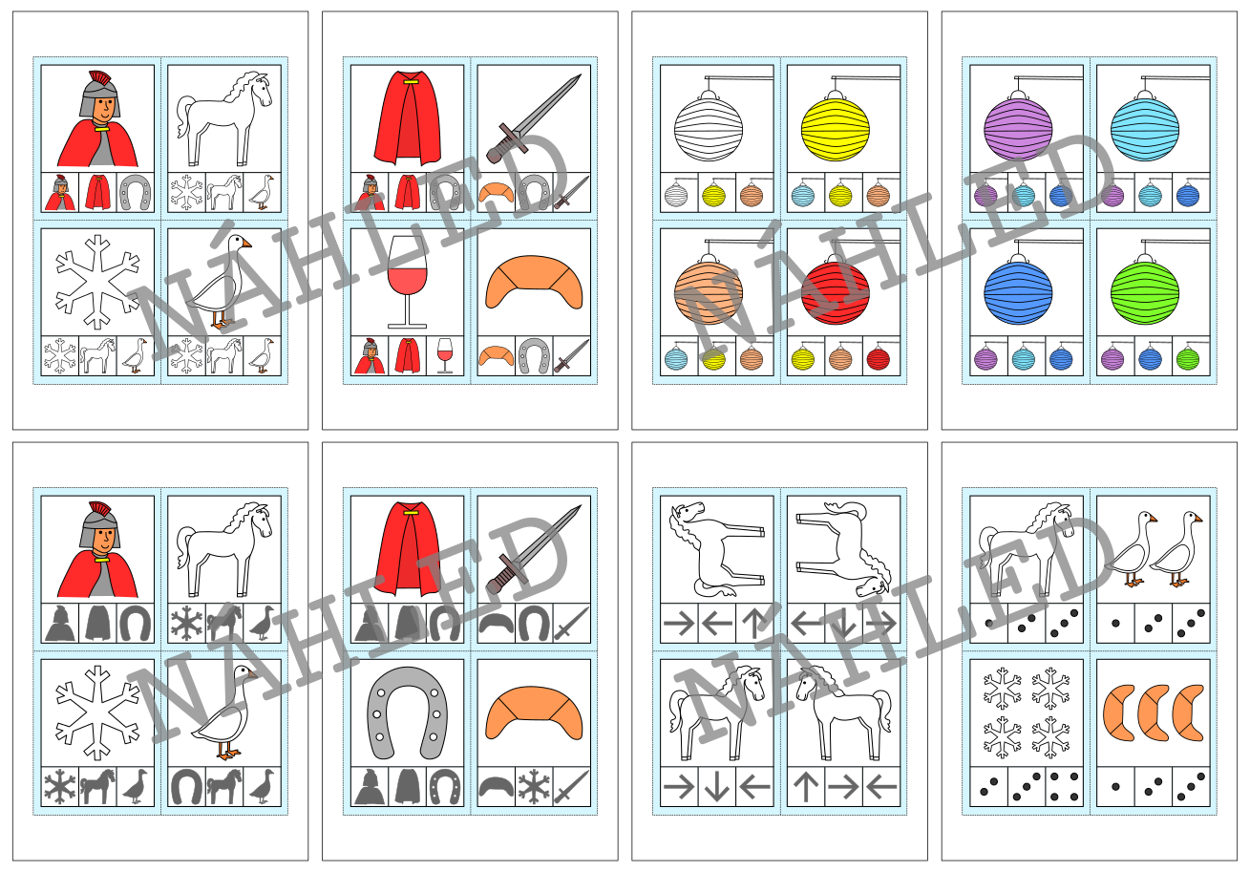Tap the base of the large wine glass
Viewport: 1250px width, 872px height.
point(408,326)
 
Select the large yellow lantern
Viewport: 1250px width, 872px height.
point(836,128)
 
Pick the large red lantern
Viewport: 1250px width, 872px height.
point(836,292)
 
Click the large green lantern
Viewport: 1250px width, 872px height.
point(1145,292)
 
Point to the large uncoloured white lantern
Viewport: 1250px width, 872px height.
point(709,128)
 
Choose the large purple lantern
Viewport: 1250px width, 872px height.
point(1018,128)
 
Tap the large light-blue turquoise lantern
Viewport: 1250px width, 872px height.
point(1145,128)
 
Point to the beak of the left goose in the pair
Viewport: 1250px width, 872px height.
point(1153,520)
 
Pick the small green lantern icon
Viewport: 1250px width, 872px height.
point(1188,359)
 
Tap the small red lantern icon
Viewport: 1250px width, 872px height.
point(879,359)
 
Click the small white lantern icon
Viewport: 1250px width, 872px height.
point(676,196)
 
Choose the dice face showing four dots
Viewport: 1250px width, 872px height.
point(1064,786)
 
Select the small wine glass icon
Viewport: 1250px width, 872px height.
point(445,355)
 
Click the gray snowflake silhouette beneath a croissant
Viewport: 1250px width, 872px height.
point(534,787)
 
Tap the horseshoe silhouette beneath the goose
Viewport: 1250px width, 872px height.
point(186,787)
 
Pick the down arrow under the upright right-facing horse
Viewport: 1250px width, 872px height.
point(716,787)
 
